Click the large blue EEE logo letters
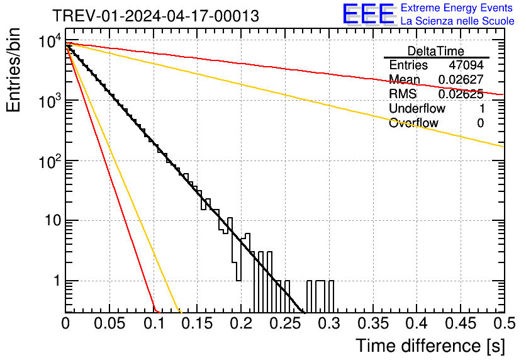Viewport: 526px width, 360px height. (x=368, y=14)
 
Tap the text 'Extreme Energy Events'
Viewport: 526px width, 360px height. (x=457, y=8)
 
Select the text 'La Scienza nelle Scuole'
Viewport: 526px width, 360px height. (x=457, y=21)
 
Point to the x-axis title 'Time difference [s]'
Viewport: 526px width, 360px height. (x=429, y=346)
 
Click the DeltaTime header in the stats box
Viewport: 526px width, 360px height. (x=436, y=51)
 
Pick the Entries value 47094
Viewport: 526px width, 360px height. (x=466, y=65)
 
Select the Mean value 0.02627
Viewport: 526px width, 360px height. (x=461, y=80)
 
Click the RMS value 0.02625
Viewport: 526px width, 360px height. (x=461, y=94)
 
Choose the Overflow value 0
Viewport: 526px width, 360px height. (x=480, y=123)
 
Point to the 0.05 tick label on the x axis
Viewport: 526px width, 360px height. (x=109, y=325)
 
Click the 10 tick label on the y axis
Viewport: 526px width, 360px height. (x=50, y=222)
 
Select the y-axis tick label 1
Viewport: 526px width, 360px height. (x=55, y=281)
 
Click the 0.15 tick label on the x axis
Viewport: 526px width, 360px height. (x=197, y=325)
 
